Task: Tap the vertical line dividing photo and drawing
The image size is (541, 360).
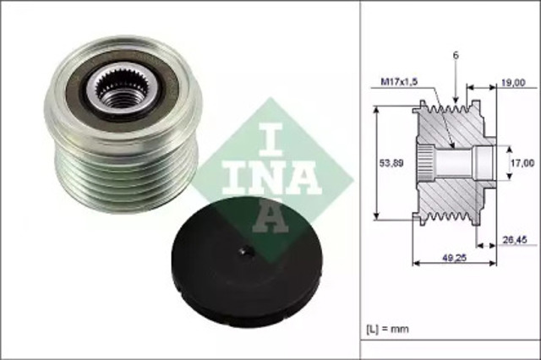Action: [x=361, y=180]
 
